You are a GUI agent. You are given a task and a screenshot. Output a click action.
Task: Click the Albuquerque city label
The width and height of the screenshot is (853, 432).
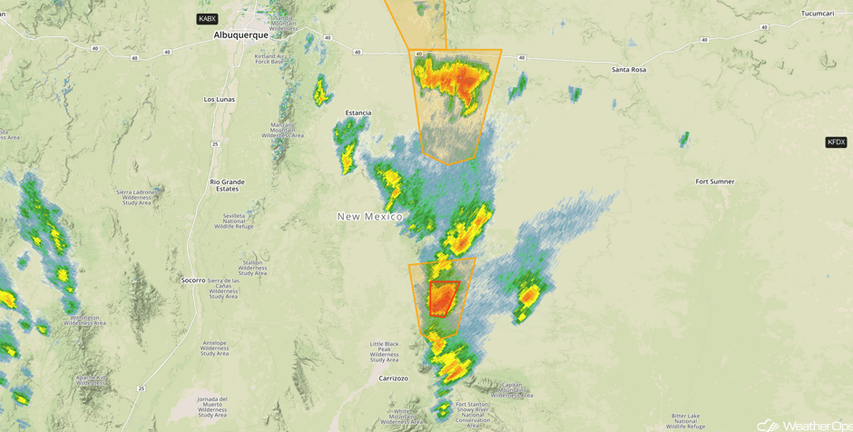[x=240, y=35]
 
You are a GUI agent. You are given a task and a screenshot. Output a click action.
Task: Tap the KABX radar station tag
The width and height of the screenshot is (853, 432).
[x=207, y=19]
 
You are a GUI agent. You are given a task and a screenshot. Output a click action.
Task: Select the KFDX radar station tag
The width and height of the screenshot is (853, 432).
[x=836, y=142]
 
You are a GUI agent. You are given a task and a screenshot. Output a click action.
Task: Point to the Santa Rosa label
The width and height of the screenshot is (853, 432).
[x=629, y=70]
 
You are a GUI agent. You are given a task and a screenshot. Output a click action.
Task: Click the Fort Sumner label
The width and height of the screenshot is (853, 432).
[x=715, y=182]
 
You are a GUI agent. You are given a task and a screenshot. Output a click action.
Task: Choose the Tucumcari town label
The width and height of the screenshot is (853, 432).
[x=817, y=14]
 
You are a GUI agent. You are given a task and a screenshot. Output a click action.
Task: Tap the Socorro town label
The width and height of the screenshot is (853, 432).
[x=193, y=280]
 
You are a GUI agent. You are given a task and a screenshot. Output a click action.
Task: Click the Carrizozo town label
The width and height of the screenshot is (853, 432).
[x=393, y=378]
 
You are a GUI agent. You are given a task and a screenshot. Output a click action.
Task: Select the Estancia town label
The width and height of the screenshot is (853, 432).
[x=358, y=113]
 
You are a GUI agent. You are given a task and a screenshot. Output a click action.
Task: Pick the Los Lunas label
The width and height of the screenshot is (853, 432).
[x=220, y=99]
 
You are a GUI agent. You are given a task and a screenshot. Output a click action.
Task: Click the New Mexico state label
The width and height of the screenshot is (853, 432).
[x=369, y=216]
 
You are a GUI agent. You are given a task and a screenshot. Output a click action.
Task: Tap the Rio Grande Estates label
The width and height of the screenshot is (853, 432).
[x=227, y=185]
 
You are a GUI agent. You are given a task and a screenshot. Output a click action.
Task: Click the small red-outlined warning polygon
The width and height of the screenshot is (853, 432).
[x=443, y=298]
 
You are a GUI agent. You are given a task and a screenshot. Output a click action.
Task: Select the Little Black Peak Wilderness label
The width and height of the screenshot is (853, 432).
[x=384, y=352]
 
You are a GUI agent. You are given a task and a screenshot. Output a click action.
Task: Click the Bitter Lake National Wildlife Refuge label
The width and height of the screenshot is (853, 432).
[x=685, y=420]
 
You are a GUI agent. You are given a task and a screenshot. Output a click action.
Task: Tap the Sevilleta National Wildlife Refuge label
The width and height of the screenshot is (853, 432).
[x=234, y=221]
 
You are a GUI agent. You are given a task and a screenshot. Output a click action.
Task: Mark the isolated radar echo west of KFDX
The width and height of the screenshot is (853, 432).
[x=683, y=139]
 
